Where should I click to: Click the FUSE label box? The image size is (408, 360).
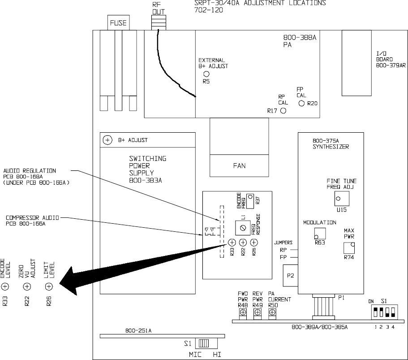tap(119, 23)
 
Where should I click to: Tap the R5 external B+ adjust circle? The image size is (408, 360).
tap(206, 74)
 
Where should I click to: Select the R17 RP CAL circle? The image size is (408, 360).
tap(283, 111)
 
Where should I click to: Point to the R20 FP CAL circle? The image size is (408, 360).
tap(301, 104)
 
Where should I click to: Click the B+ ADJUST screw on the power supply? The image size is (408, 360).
tap(108, 140)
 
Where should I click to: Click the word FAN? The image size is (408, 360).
tap(239, 165)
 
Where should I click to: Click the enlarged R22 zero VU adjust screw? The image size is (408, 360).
tap(27, 286)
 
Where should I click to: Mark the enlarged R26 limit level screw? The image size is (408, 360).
tap(50, 286)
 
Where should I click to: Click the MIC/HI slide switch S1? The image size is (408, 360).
tap(204, 343)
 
